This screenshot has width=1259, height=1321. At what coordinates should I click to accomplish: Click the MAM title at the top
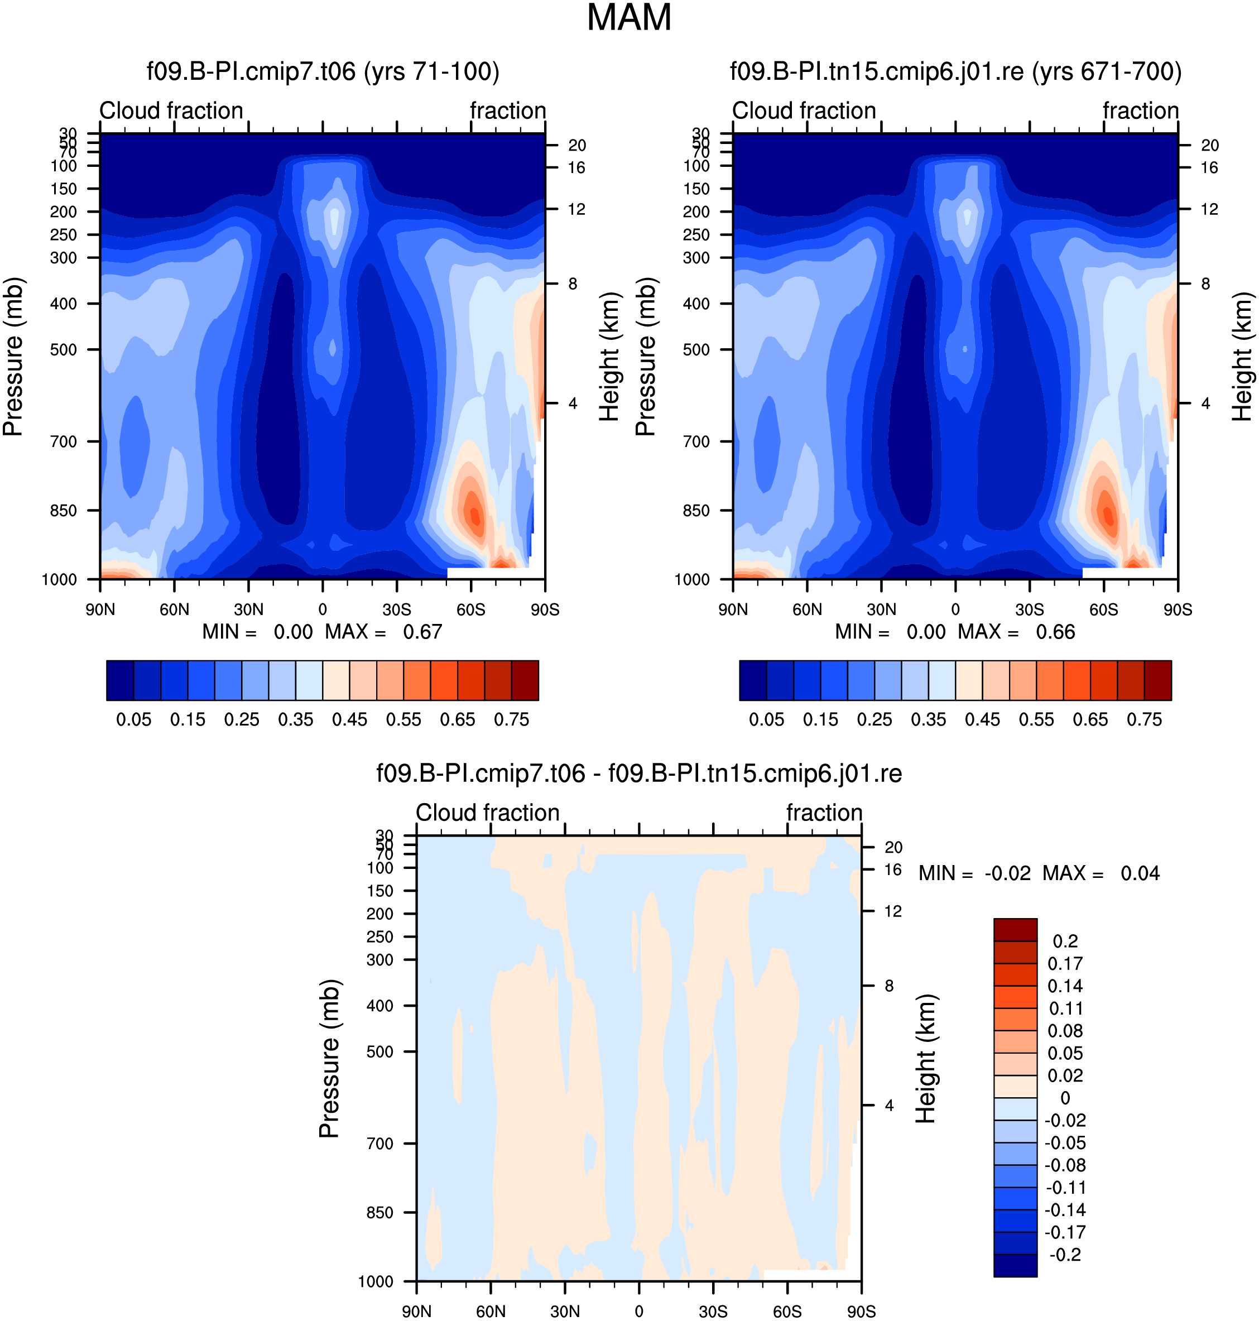(x=629, y=17)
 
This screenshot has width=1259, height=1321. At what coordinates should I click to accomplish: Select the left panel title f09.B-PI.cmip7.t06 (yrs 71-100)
(x=323, y=71)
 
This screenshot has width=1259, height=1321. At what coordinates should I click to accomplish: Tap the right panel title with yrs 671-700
(x=955, y=71)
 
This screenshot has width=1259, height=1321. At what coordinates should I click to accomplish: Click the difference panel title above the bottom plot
(x=639, y=774)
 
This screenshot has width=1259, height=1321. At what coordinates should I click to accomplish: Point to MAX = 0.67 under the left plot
(x=384, y=632)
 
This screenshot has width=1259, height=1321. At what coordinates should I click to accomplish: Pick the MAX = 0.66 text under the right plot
(x=1017, y=632)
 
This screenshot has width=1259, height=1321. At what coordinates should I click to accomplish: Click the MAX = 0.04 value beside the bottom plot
(x=1101, y=873)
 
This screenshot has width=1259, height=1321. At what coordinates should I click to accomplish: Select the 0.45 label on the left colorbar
(x=350, y=719)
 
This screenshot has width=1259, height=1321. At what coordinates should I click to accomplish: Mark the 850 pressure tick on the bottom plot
(x=380, y=1212)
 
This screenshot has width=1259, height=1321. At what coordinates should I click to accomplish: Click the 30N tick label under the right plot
(x=881, y=609)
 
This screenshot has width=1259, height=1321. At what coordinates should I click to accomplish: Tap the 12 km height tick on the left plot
(x=576, y=209)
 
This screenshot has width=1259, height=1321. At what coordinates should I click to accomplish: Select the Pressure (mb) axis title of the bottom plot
(x=329, y=1059)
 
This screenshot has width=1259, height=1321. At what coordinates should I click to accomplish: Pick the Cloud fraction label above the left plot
(x=171, y=111)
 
